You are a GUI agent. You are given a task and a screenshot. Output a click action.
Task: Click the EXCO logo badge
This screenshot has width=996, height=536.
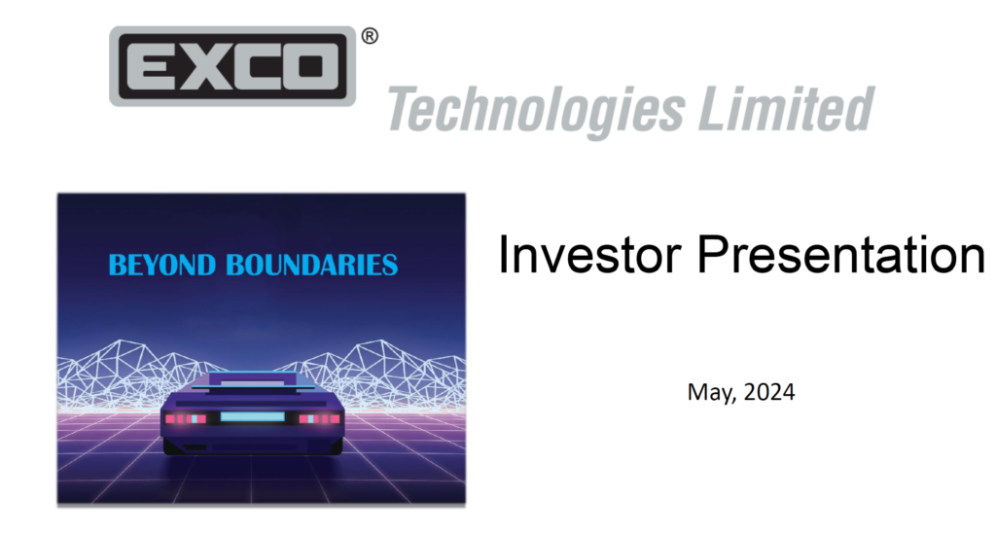(x=231, y=66)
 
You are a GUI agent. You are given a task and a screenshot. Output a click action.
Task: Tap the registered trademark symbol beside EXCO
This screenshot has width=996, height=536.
(x=370, y=37)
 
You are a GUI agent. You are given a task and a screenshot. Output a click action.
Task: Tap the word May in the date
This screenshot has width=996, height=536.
(x=704, y=393)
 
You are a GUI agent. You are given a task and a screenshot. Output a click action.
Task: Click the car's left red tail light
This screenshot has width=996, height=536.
(x=185, y=418)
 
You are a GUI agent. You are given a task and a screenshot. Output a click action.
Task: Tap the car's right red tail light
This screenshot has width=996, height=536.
(x=319, y=418)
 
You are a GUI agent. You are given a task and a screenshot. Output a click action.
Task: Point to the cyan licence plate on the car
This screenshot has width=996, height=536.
(x=251, y=417)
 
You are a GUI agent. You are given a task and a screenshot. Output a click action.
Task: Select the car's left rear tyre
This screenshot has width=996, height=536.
(x=177, y=447)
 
